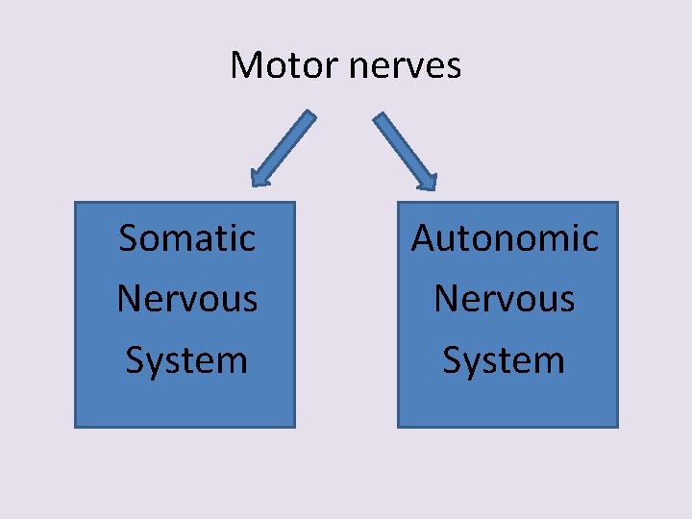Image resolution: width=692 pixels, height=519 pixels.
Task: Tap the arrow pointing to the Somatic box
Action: (283, 148)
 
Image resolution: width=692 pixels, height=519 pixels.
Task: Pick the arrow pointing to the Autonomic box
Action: (405, 150)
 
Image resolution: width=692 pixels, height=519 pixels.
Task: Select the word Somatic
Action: (186, 237)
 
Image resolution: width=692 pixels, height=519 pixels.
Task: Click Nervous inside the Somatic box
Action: (186, 299)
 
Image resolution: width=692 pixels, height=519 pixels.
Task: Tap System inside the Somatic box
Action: (186, 360)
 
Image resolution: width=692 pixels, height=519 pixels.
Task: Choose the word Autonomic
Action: (505, 237)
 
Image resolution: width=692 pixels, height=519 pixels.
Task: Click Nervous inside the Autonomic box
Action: (504, 299)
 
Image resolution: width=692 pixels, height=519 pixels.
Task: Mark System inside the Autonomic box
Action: (504, 360)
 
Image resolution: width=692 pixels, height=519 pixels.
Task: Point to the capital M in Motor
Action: (245, 65)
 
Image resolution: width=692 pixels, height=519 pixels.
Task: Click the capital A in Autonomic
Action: (424, 237)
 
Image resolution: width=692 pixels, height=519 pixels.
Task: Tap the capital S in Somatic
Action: (129, 237)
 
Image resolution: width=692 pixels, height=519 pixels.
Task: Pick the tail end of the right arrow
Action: (380, 117)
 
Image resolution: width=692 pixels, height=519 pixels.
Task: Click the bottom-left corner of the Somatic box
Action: (76, 426)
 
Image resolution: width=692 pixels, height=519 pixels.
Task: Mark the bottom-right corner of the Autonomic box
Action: (617, 426)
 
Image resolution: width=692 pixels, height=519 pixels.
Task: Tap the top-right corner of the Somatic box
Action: (294, 203)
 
